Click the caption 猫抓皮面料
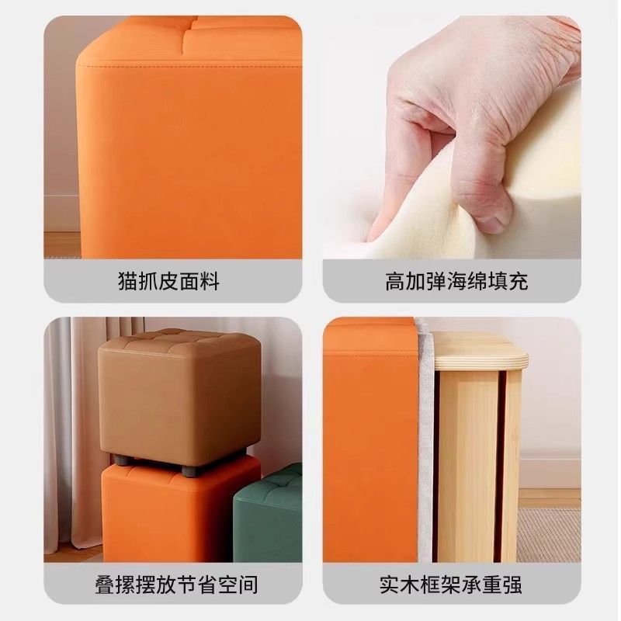(x=168, y=281)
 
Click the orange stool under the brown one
(x=179, y=512)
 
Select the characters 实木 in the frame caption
(x=392, y=584)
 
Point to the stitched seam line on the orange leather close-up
(x=186, y=68)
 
